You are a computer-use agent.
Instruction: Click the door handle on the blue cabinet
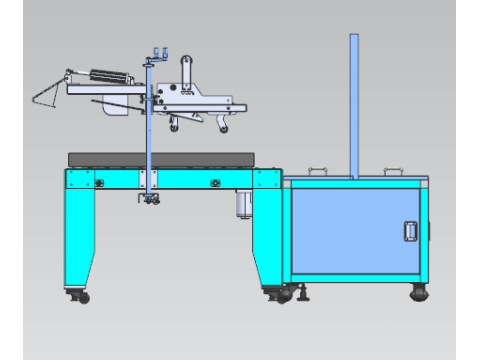pyautogui.click(x=409, y=231)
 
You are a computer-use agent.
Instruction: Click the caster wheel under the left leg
pyautogui.click(x=82, y=296)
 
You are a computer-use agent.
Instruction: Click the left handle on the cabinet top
pyautogui.click(x=318, y=170)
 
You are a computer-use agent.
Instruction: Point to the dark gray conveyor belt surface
pyautogui.click(x=160, y=158)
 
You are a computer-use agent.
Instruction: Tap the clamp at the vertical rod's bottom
pyautogui.click(x=150, y=201)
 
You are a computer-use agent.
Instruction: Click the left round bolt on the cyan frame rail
pyautogui.click(x=100, y=182)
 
